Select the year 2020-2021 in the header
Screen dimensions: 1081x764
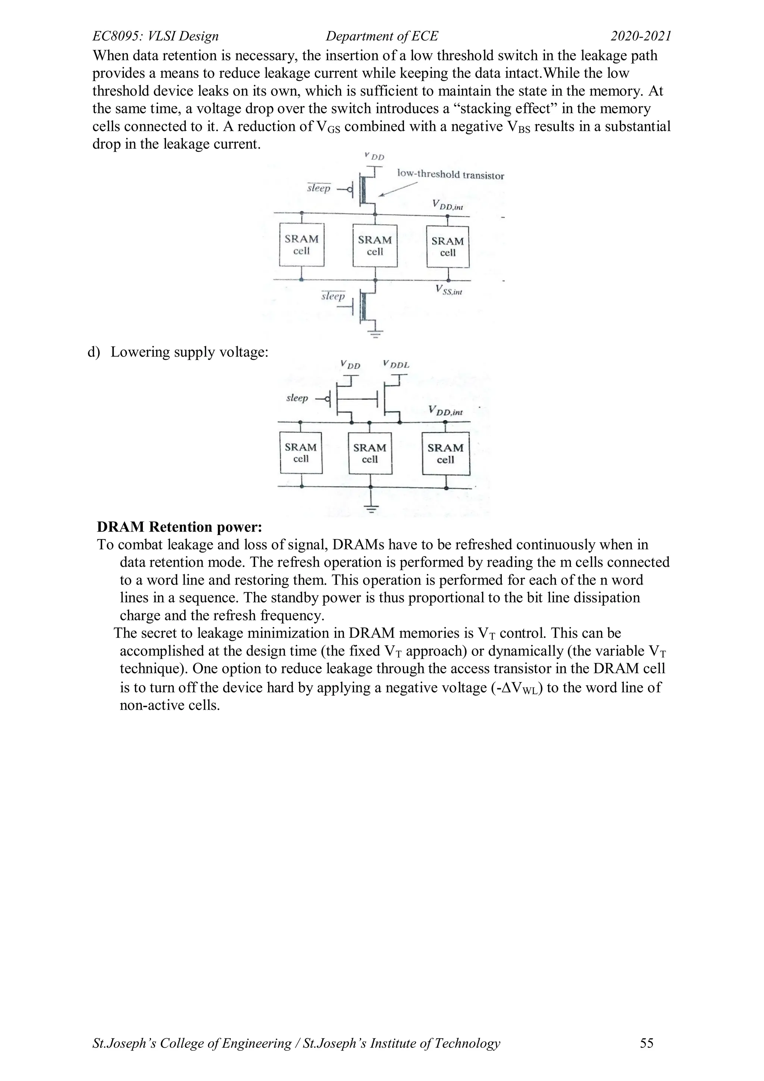(641, 36)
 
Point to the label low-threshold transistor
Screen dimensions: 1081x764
(450, 175)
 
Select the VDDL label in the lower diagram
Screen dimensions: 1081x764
(396, 364)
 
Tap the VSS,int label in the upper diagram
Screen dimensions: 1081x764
(449, 290)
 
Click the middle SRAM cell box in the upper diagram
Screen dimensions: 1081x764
(375, 246)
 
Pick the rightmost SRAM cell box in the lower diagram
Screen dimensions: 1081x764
(445, 454)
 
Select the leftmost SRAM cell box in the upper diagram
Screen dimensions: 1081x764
(301, 245)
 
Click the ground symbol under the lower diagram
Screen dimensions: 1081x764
(371, 508)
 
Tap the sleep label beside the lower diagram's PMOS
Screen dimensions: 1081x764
(297, 398)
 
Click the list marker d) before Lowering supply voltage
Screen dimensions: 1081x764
(94, 352)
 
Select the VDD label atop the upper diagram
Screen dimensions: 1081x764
(375, 156)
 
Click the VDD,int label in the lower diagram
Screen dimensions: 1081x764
(445, 411)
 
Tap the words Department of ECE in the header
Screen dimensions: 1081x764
(382, 36)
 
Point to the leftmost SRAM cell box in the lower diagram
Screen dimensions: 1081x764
(301, 452)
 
